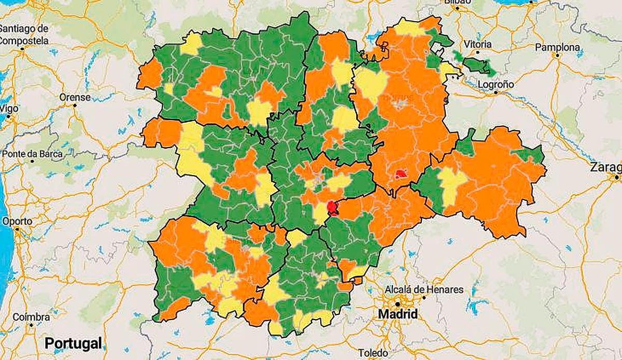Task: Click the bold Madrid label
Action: (398, 314)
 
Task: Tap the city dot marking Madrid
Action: (397, 304)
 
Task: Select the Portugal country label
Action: (73, 343)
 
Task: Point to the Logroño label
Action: (496, 84)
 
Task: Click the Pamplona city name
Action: (557, 47)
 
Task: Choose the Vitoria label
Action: (478, 44)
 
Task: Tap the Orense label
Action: (75, 97)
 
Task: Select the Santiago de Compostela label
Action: (24, 34)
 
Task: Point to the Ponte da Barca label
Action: (33, 154)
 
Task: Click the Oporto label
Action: (17, 221)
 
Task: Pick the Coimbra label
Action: (31, 317)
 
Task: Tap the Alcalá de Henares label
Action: (425, 290)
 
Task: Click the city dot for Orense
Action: (75, 105)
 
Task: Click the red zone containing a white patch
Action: (401, 174)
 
